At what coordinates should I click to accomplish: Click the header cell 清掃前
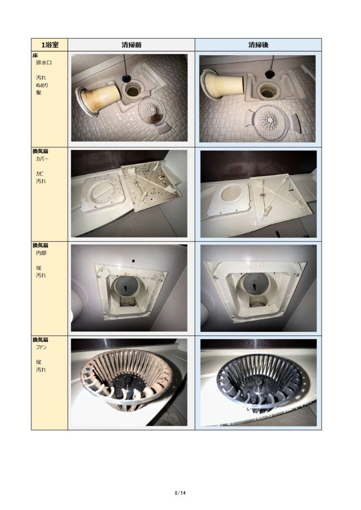(132, 45)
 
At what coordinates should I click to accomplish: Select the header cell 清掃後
(258, 45)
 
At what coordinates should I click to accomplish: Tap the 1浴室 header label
(50, 45)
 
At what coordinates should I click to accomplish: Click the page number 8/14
(180, 493)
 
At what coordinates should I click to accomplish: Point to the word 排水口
(43, 62)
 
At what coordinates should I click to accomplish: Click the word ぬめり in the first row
(42, 85)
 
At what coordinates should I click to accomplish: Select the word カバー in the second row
(42, 159)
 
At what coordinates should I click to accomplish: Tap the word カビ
(40, 174)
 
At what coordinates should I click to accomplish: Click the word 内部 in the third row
(41, 253)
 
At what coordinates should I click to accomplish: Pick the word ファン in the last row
(41, 347)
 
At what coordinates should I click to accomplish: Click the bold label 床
(35, 55)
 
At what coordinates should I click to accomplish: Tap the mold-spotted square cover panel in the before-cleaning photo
(153, 186)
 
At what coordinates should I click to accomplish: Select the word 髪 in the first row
(39, 93)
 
